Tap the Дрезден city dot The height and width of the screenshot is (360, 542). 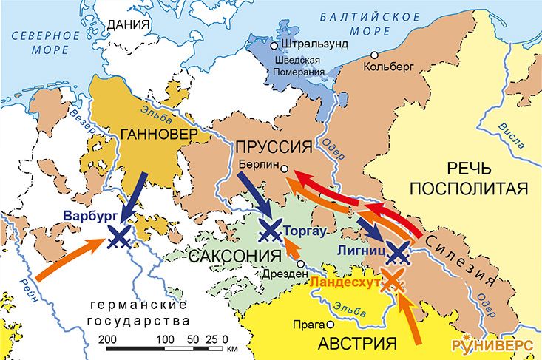point(300,264)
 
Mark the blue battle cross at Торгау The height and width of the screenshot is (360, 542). point(271,230)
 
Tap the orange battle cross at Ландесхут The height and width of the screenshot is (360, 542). point(392,282)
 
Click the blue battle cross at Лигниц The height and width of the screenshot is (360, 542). point(398,254)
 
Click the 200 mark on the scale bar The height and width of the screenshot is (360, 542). point(109,338)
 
